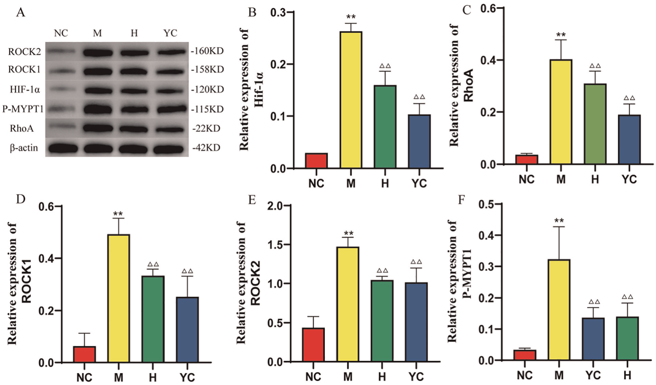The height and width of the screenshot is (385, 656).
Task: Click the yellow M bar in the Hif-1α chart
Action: (x=351, y=100)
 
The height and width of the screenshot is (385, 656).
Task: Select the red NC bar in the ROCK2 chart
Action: (x=313, y=345)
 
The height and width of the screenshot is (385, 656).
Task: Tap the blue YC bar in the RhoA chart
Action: (x=629, y=139)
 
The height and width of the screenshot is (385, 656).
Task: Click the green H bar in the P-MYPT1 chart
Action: (x=627, y=338)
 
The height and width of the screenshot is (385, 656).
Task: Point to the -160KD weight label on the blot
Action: (x=207, y=51)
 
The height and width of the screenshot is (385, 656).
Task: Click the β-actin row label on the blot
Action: (x=24, y=148)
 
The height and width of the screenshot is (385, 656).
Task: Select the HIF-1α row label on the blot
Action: (x=25, y=90)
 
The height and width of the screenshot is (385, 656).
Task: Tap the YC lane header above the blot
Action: (x=170, y=33)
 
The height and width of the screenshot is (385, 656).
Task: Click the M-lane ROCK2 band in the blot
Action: (x=98, y=52)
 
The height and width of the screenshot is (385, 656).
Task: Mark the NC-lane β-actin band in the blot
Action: (x=62, y=149)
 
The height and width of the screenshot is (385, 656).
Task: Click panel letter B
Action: (x=252, y=13)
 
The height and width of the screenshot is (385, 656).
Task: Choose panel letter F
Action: (x=461, y=200)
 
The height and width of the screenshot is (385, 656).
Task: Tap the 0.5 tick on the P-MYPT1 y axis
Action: (x=486, y=204)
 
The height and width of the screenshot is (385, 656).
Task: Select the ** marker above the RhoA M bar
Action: (x=561, y=35)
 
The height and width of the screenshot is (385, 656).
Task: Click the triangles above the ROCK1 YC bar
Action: (x=187, y=271)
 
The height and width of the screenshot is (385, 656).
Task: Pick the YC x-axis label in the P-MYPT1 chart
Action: (x=593, y=375)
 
